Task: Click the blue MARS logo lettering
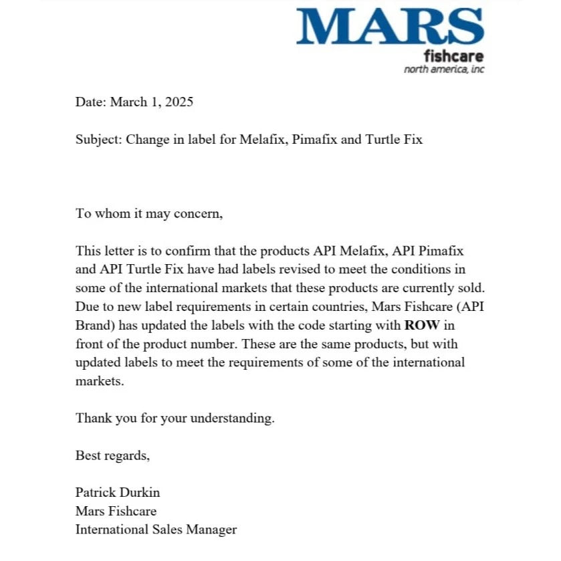coord(390,27)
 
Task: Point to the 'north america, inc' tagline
coord(444,70)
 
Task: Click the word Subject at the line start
coord(98,140)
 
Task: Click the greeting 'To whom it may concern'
coord(148,214)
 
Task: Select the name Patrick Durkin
coord(118,493)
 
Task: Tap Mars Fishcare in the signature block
coord(116,512)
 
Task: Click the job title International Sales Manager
coord(156,530)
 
